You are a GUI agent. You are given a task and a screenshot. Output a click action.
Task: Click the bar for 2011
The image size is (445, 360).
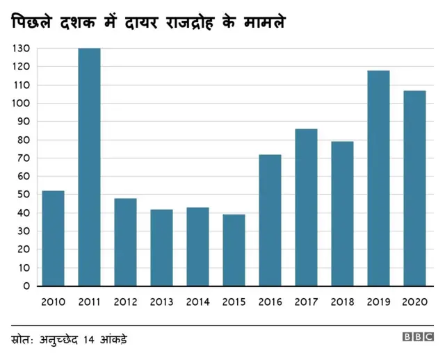click(89, 167)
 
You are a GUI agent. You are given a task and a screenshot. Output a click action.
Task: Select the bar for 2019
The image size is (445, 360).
click(378, 178)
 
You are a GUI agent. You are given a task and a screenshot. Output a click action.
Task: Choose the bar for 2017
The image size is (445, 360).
click(306, 207)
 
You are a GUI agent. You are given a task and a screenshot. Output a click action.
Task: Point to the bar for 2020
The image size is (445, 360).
click(414, 188)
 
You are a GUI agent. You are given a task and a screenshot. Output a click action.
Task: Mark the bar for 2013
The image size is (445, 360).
click(161, 247)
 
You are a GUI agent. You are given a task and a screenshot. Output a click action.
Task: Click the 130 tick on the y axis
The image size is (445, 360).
click(21, 49)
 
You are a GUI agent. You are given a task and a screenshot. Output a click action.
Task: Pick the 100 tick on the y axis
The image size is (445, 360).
click(21, 104)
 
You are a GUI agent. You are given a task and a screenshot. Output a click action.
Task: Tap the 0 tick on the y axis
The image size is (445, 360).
click(26, 286)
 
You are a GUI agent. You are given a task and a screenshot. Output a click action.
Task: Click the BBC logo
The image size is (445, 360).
click(417, 337)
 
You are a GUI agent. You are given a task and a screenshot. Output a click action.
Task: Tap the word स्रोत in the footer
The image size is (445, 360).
click(25, 340)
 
